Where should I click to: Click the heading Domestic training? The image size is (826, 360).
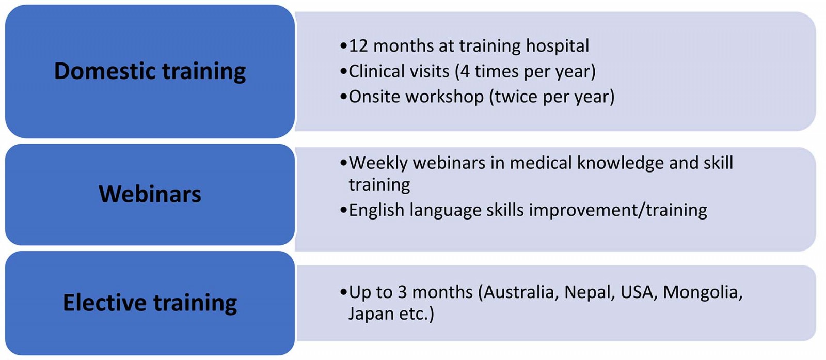150,71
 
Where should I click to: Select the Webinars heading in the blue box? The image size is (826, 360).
150,194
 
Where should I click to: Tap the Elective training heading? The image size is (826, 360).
150,303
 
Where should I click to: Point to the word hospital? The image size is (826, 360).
557,46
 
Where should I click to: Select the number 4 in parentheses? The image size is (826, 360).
465,72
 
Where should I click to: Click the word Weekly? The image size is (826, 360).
378,163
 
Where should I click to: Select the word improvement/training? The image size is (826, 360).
618,210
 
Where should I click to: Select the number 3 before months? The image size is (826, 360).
402,292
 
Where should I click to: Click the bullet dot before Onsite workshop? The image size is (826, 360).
344,97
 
